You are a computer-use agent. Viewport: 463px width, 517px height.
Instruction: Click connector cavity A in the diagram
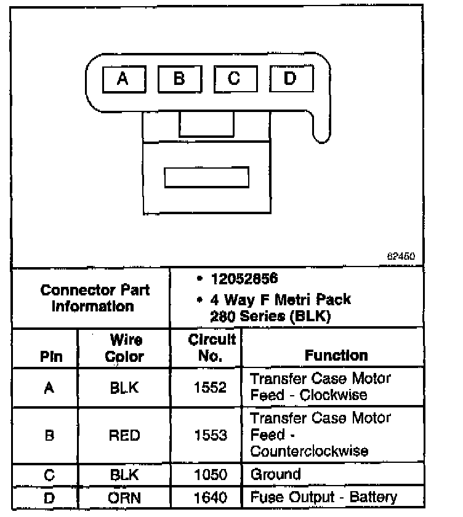(x=123, y=79)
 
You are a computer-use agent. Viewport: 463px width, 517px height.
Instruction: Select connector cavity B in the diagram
(x=179, y=79)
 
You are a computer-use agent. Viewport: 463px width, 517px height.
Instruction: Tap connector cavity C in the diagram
(x=235, y=79)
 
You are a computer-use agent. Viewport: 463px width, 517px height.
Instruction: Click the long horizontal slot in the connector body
(x=206, y=177)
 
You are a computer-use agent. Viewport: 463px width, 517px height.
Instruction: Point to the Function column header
(x=336, y=355)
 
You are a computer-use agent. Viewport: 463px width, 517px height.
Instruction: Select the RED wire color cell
(x=124, y=435)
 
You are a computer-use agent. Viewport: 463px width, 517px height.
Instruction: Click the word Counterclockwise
(x=309, y=451)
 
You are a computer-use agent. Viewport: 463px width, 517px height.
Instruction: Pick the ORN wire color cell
(x=124, y=497)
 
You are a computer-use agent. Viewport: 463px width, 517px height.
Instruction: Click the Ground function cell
(x=275, y=475)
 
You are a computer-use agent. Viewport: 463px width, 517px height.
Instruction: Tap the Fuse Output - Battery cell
(x=324, y=497)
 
